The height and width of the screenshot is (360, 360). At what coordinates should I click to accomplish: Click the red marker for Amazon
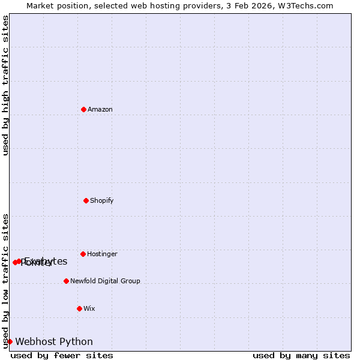[x=83, y=109]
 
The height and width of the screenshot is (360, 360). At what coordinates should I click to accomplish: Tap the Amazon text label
[x=100, y=109]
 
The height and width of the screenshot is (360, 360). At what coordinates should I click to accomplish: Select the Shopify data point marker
[x=86, y=200]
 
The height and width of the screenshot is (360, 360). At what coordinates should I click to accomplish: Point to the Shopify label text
[x=102, y=200]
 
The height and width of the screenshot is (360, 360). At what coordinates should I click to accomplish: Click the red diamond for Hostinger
[x=83, y=254]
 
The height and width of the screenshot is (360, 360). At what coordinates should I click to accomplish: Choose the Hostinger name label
[x=103, y=254]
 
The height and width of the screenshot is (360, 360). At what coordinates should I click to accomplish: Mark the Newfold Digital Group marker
[x=66, y=281]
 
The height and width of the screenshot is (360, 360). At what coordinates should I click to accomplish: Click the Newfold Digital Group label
[x=105, y=281]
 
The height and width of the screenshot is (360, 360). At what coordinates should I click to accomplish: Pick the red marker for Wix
[x=79, y=308]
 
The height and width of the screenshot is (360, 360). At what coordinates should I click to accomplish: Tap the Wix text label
[x=89, y=308]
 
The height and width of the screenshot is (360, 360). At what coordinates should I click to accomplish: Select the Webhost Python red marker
[x=10, y=341]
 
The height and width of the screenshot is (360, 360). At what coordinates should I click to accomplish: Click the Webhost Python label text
[x=54, y=341]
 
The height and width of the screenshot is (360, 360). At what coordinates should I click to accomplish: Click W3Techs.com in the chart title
[x=308, y=5]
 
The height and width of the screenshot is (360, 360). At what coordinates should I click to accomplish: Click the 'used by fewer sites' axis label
[x=62, y=355]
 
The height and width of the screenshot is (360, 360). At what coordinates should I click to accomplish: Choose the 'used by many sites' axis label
[x=301, y=355]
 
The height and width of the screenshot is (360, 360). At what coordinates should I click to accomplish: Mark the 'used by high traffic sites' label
[x=5, y=85]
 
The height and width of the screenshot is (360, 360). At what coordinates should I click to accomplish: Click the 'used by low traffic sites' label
[x=5, y=280]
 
